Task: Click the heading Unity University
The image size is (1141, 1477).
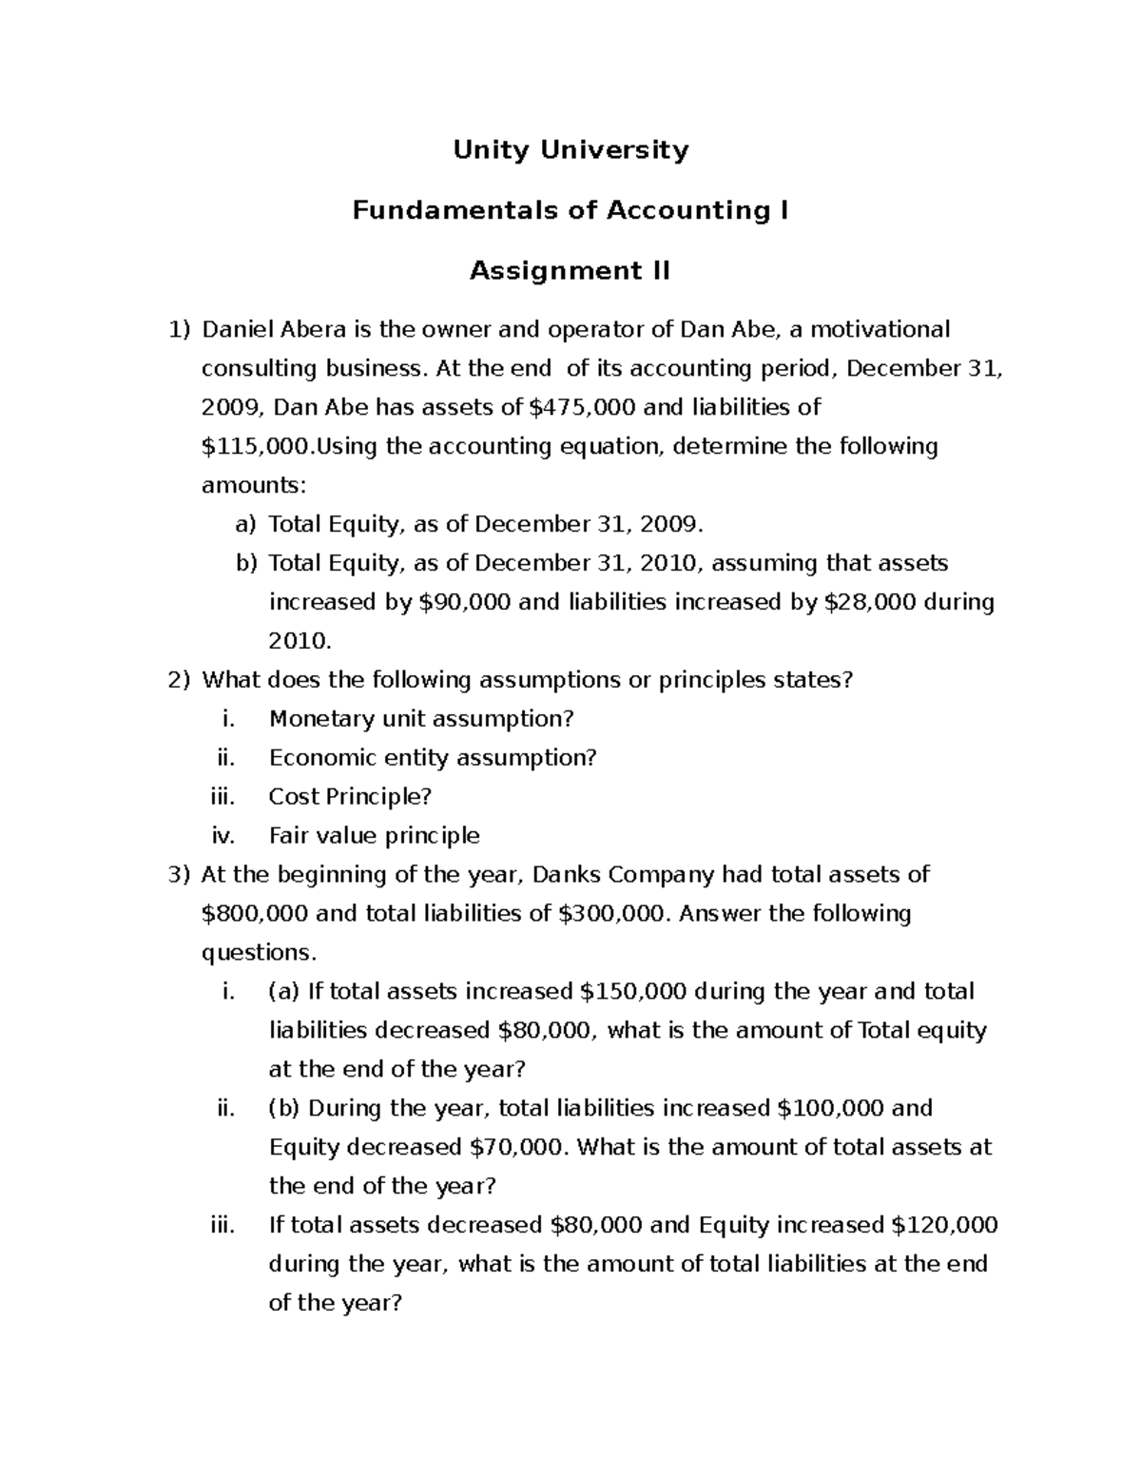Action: point(570,149)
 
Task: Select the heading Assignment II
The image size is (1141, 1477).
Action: point(570,271)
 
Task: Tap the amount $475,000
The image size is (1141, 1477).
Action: point(582,408)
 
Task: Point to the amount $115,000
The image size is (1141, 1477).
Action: point(255,447)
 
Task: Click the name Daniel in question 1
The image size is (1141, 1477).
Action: point(238,330)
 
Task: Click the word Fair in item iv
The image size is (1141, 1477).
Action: point(289,836)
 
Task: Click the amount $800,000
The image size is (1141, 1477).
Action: point(255,914)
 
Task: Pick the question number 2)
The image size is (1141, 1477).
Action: point(180,681)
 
